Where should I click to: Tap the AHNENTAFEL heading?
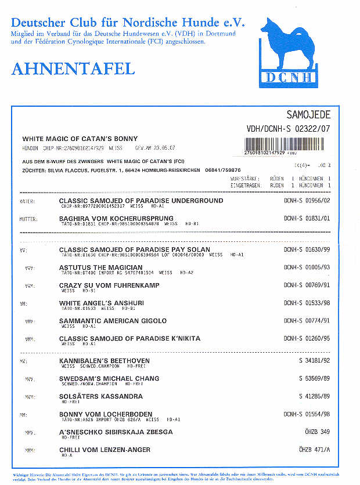73,68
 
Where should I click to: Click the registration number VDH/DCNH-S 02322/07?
289,129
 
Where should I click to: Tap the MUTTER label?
29,219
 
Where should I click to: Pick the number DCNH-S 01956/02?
307,201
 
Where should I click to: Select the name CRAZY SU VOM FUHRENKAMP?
109,285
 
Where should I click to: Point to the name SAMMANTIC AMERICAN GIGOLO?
113,321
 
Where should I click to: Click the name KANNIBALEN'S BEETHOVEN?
105,361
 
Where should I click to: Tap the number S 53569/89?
314,379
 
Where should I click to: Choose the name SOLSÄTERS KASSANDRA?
100,397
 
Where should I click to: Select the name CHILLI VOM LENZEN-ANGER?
105,450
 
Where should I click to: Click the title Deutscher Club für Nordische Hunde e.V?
128,23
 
